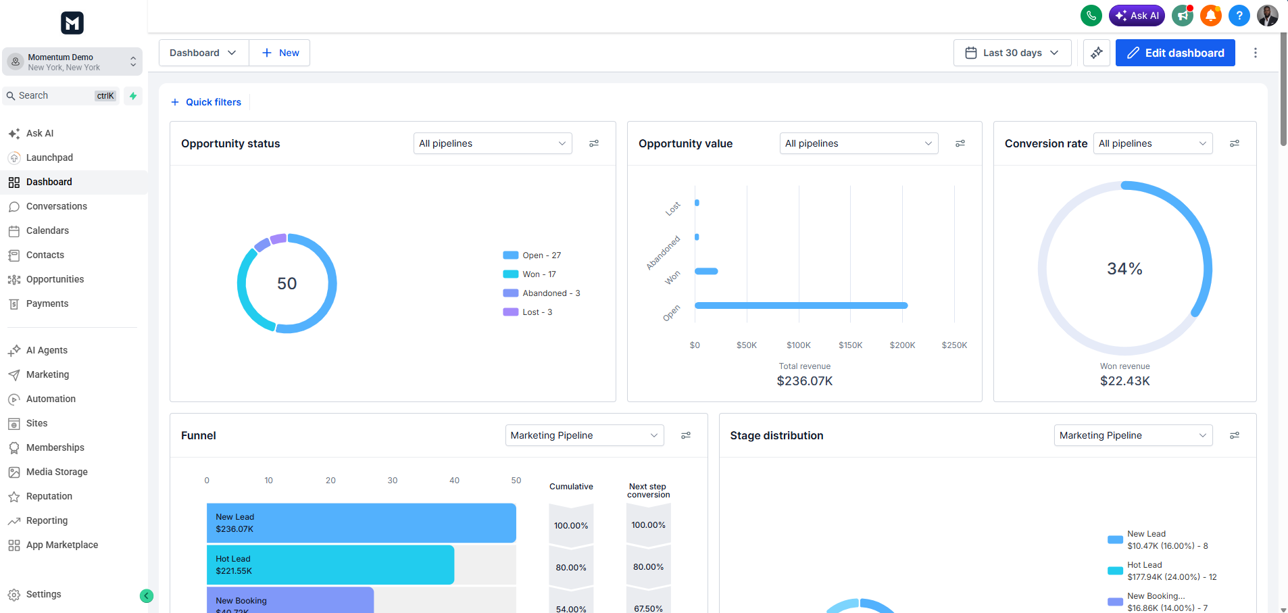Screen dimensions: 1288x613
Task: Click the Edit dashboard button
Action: point(1175,53)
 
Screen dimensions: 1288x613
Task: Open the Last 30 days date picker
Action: point(1012,53)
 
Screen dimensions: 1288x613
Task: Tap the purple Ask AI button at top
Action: point(1137,16)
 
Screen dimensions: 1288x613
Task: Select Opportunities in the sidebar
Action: point(55,279)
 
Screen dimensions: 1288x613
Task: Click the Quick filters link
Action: point(206,102)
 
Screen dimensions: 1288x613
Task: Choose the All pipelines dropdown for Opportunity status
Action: point(493,143)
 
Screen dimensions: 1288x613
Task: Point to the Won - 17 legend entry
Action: point(530,274)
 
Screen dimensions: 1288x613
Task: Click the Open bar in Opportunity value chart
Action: point(801,305)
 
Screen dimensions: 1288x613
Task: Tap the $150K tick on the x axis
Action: point(851,345)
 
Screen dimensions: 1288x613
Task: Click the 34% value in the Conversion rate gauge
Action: point(1124,269)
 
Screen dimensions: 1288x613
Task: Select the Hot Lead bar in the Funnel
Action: point(330,565)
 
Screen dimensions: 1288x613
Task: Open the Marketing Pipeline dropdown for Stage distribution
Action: point(1133,435)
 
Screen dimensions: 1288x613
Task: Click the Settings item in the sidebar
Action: point(43,594)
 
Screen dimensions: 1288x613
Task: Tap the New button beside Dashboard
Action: point(280,53)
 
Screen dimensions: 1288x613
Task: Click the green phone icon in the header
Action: point(1091,16)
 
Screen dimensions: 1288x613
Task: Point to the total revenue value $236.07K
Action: point(805,381)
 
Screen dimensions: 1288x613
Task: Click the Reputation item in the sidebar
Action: point(49,496)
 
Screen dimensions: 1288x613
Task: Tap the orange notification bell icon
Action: point(1211,16)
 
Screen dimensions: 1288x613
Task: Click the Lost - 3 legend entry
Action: point(528,312)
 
